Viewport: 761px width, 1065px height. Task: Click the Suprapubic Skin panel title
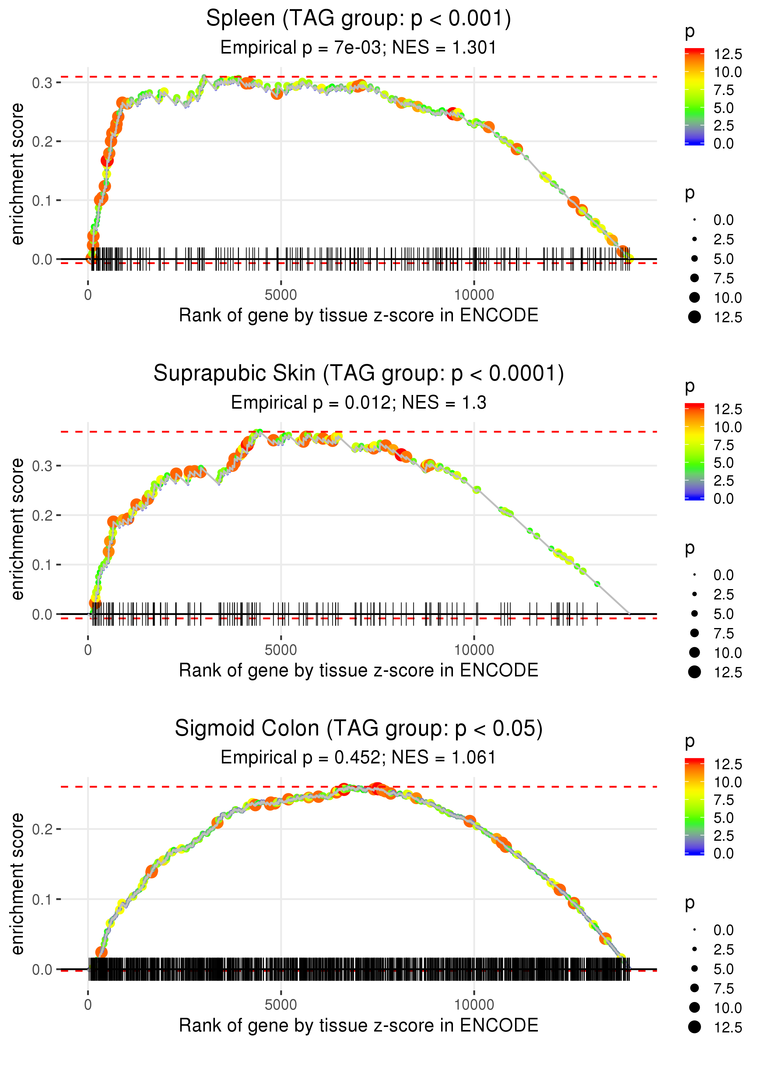(359, 374)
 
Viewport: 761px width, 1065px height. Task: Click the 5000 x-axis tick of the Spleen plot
(281, 295)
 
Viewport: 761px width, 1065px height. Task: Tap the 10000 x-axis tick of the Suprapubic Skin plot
(474, 650)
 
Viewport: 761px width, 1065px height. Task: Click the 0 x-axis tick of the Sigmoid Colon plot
(88, 1005)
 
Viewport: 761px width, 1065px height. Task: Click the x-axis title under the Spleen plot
(359, 316)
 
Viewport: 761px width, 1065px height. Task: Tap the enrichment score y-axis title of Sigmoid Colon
(17, 883)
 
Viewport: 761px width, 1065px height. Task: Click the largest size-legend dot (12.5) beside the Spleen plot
(694, 317)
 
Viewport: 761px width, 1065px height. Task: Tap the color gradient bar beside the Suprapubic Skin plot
(694, 452)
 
